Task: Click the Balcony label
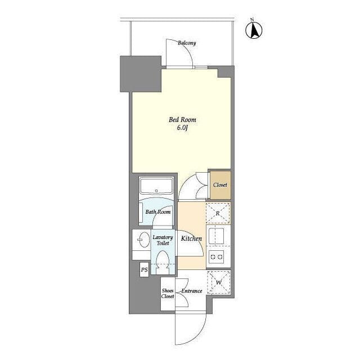(187, 43)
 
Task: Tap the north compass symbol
(254, 30)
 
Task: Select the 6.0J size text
(182, 128)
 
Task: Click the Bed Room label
(182, 120)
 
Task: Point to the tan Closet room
(220, 185)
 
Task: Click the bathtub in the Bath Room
(156, 186)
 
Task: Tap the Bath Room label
(158, 211)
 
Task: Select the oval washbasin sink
(144, 240)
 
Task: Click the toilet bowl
(163, 262)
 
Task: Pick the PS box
(144, 269)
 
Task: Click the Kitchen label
(191, 238)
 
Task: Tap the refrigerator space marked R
(218, 213)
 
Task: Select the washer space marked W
(219, 282)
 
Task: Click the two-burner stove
(216, 256)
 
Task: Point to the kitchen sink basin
(216, 236)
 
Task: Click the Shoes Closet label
(168, 294)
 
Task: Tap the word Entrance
(192, 291)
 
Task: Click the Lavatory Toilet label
(163, 240)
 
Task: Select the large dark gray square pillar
(141, 74)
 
